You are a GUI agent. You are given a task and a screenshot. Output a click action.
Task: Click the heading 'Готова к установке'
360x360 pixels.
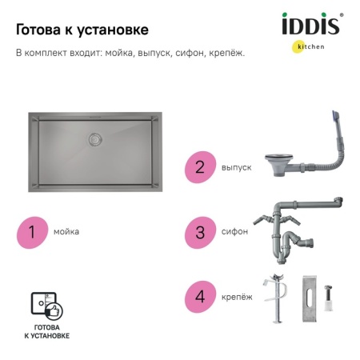pos(82,30)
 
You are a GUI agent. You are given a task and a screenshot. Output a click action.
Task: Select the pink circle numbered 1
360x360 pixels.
pos(33,232)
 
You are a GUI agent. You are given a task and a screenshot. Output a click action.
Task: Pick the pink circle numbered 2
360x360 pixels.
pos(200,167)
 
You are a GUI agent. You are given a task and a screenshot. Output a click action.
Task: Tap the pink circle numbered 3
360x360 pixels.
pos(200,232)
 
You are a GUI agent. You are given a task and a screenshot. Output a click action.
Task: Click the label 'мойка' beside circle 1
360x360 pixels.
pos(66,232)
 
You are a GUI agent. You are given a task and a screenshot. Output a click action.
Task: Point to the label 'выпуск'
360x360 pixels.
pos(236,167)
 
